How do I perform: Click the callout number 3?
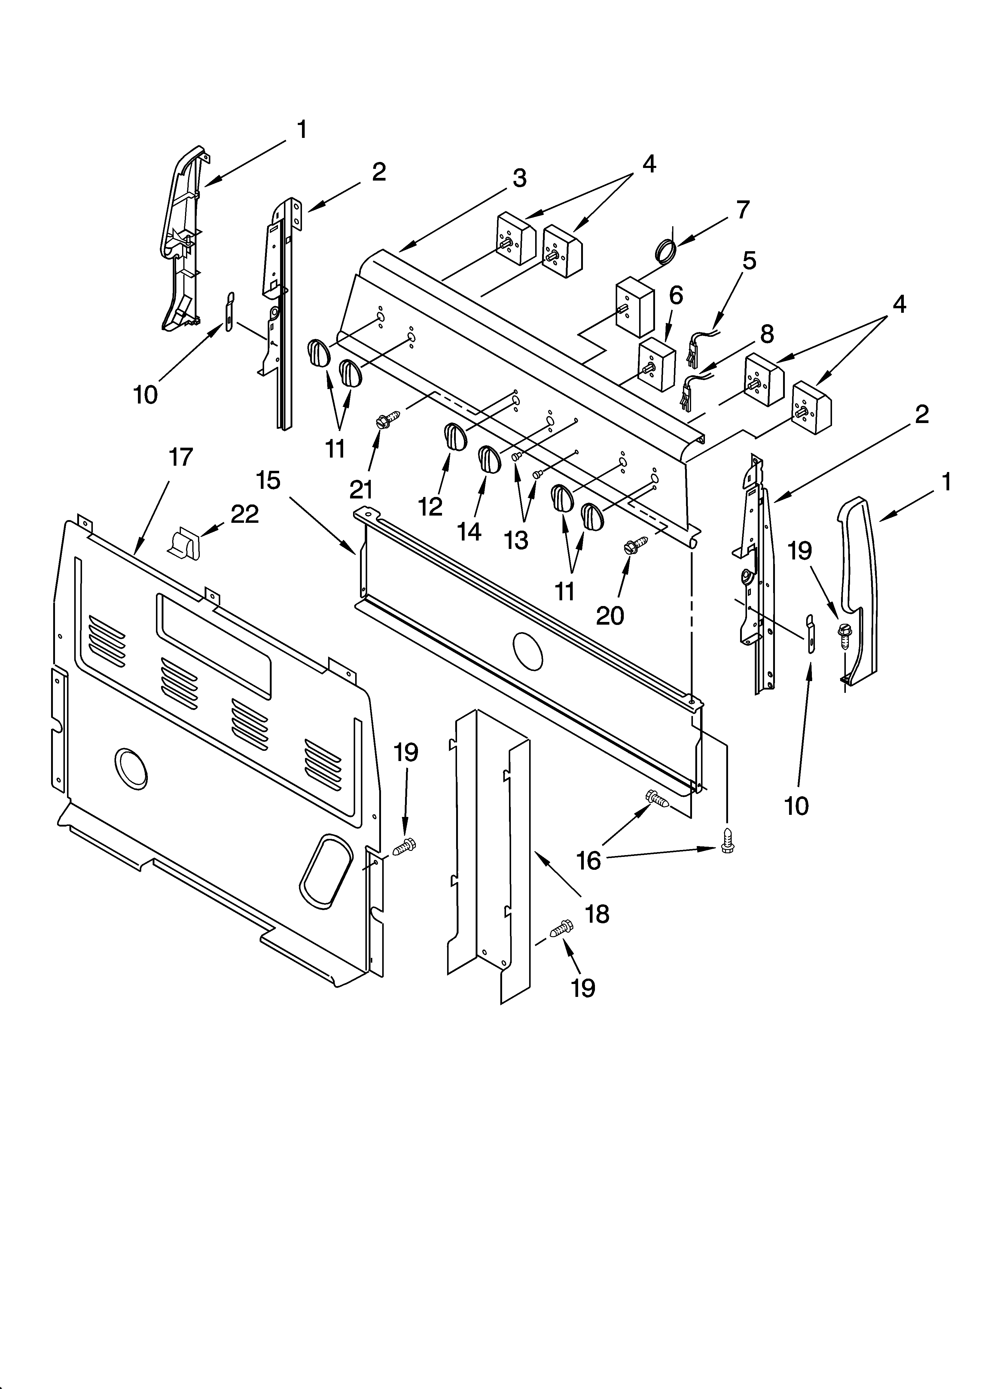click(x=519, y=178)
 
